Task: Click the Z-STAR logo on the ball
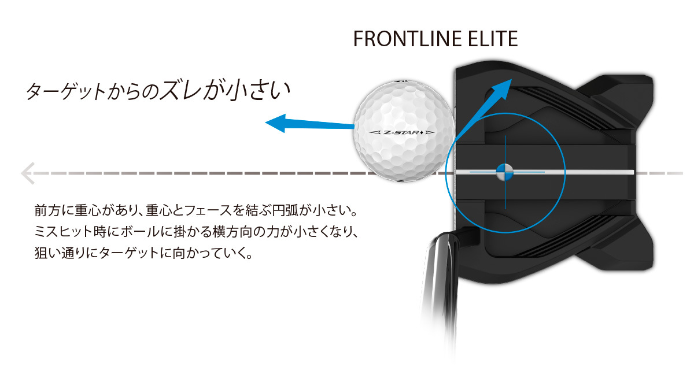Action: (x=402, y=133)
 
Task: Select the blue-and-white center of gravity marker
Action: (x=504, y=172)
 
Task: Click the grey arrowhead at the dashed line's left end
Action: (x=26, y=173)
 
